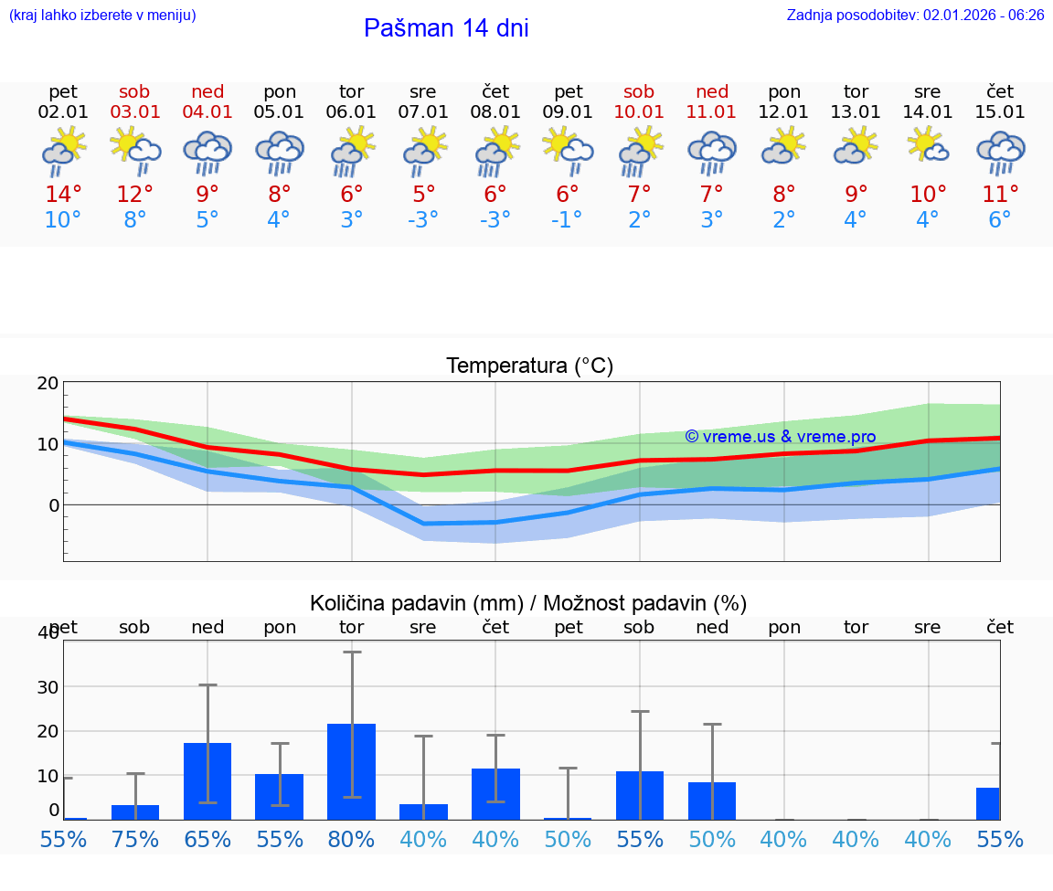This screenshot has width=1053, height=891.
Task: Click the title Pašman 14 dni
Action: click(x=446, y=28)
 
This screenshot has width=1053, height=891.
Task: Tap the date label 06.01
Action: click(x=351, y=112)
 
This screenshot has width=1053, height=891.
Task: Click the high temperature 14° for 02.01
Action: click(x=63, y=195)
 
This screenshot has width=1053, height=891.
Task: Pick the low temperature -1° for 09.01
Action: click(x=567, y=220)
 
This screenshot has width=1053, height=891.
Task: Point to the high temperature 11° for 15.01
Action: click(x=1000, y=195)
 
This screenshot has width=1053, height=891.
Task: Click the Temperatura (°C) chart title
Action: click(x=529, y=366)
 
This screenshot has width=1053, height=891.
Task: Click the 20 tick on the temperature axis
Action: click(x=48, y=384)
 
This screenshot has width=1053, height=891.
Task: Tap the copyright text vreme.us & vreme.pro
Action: click(x=780, y=437)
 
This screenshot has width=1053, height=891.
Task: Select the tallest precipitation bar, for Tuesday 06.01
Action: click(x=351, y=771)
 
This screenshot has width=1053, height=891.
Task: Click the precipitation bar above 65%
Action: click(x=207, y=781)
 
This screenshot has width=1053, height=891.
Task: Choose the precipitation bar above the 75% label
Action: click(x=135, y=812)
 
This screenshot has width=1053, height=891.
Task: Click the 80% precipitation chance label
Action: click(x=351, y=840)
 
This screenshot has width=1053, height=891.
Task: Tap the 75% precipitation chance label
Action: click(x=135, y=840)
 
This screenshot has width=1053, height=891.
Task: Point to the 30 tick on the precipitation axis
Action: click(x=48, y=687)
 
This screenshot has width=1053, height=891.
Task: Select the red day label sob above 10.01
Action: click(x=639, y=91)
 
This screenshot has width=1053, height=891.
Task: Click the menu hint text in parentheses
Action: click(x=102, y=15)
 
